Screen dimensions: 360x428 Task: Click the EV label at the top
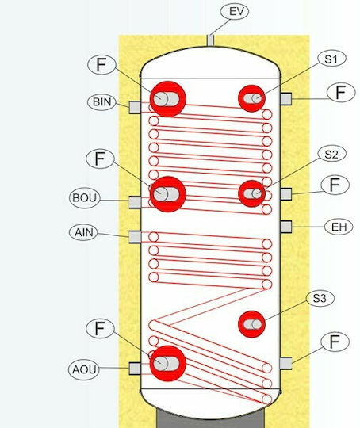pos(235,12)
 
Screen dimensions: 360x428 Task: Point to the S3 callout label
pos(320,298)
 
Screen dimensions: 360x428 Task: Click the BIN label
pos(101,101)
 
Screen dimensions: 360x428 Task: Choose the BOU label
pos(84,197)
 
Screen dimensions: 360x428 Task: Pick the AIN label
pos(84,232)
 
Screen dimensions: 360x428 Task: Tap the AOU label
pos(84,369)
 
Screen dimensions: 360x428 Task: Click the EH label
pos(339,227)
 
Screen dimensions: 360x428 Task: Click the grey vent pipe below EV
pos(210,41)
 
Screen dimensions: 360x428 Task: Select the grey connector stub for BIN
pos(135,107)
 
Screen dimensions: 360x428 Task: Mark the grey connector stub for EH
pos(285,227)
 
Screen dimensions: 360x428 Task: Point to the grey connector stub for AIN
pos(135,237)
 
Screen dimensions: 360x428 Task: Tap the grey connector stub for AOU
pos(135,369)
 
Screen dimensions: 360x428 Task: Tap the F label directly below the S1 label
pos(341,92)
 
